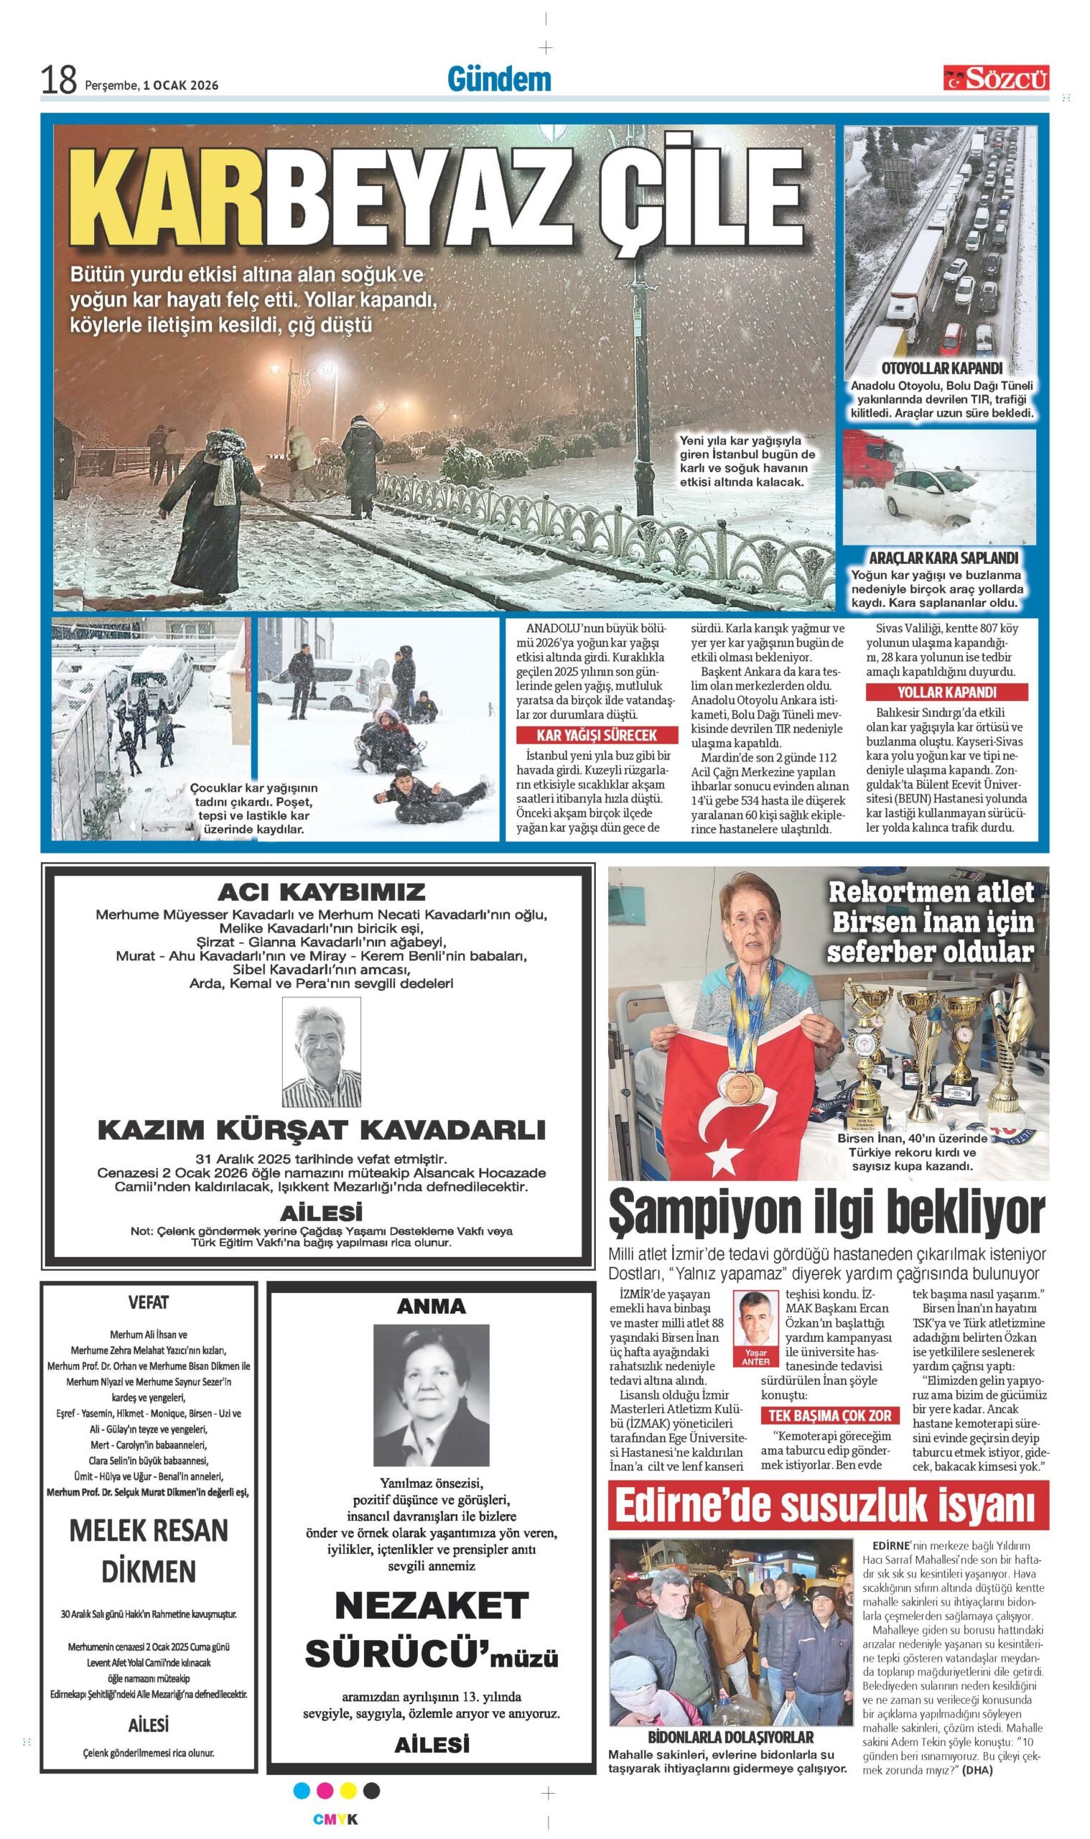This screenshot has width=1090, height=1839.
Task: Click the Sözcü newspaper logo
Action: [x=996, y=77]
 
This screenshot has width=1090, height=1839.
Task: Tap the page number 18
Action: [x=58, y=80]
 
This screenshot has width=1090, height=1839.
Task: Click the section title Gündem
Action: [x=499, y=79]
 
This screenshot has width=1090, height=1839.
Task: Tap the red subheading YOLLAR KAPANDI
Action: [x=946, y=692]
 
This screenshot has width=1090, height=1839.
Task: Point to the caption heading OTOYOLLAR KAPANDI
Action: [x=942, y=368]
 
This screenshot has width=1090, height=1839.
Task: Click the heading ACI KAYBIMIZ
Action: [x=321, y=892]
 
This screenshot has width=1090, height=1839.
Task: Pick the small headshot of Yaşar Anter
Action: [x=755, y=1320]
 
